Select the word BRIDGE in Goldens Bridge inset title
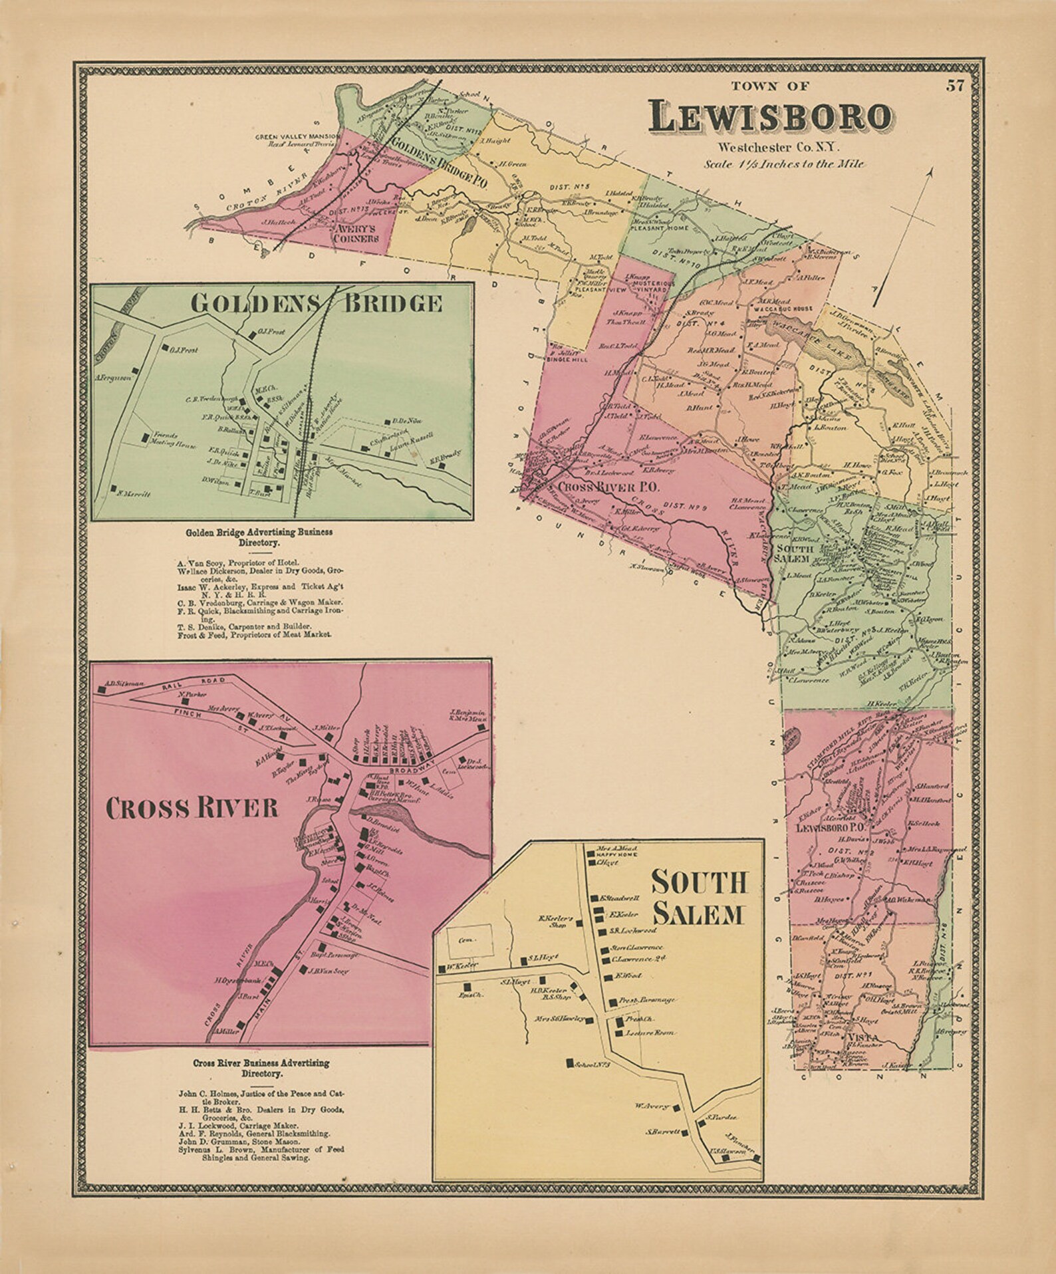click(392, 303)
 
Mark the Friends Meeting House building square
click(145, 437)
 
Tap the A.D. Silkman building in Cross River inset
click(102, 690)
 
